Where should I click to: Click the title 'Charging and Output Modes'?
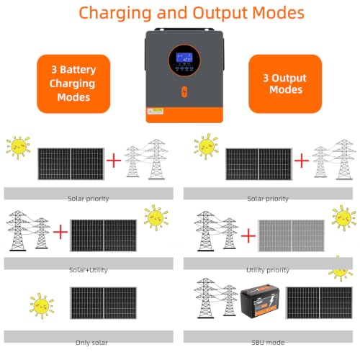[x=192, y=13]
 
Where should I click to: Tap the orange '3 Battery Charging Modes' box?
[x=73, y=84]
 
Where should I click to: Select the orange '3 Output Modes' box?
[x=285, y=84]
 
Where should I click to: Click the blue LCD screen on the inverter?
[x=184, y=58]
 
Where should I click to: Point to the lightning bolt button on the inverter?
[x=184, y=91]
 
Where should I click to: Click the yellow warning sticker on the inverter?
[x=156, y=112]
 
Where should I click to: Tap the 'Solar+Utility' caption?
[x=89, y=270]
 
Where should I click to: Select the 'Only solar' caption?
[x=91, y=343]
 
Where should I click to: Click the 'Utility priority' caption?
[x=268, y=270]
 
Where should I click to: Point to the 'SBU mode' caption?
[x=268, y=343]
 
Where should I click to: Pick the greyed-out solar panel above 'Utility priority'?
[x=292, y=235]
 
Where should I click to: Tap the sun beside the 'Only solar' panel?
[x=42, y=306]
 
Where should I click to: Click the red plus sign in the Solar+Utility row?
[x=60, y=232]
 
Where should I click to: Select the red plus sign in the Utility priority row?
[x=248, y=235]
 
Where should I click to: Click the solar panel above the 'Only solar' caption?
[x=103, y=303]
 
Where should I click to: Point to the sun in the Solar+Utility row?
[x=156, y=217]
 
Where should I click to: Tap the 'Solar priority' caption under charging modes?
[x=89, y=199]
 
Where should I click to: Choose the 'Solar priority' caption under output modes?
[x=268, y=199]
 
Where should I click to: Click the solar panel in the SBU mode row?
[x=319, y=303]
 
